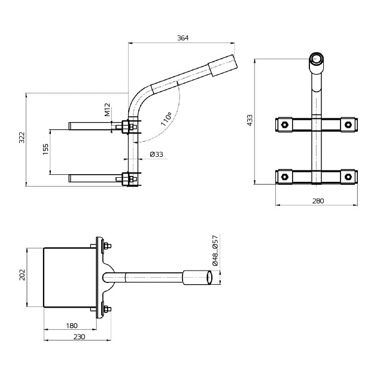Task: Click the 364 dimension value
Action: pyautogui.click(x=183, y=38)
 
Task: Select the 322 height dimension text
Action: pyautogui.click(x=22, y=139)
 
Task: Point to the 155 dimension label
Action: pyautogui.click(x=45, y=150)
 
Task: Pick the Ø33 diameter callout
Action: pyautogui.click(x=156, y=154)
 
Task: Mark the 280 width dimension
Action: pyautogui.click(x=317, y=201)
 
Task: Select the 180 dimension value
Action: pyautogui.click(x=72, y=326)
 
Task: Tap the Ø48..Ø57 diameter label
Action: pyautogui.click(x=214, y=250)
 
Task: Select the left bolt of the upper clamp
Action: pyautogui.click(x=284, y=124)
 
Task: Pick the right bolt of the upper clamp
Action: pyautogui.click(x=348, y=124)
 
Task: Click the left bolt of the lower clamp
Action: pyautogui.click(x=284, y=177)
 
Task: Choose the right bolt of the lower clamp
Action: pyautogui.click(x=348, y=177)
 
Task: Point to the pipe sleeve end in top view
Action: pyautogui.click(x=198, y=278)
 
